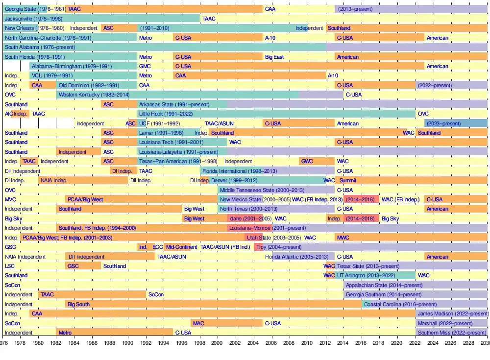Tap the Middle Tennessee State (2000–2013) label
(262, 190)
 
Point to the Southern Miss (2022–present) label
(452, 333)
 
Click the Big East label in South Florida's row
(274, 57)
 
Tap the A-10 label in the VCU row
(333, 76)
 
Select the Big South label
(78, 304)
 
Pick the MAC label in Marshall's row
(198, 323)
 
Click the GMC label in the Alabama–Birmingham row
(145, 66)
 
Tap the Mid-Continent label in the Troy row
(181, 247)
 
